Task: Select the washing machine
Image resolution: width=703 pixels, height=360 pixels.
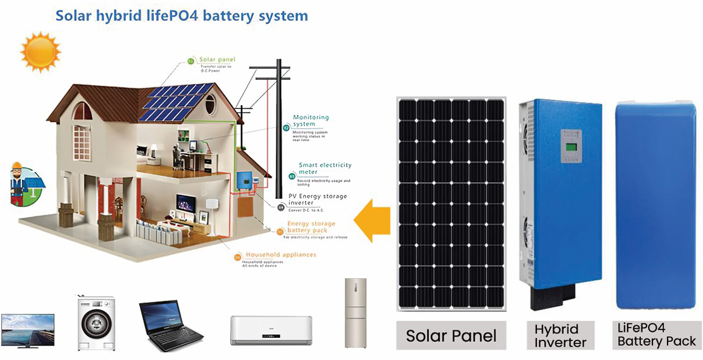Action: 96,323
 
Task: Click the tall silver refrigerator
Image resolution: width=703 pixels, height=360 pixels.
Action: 355,313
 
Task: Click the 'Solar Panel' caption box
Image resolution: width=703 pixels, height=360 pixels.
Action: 451,335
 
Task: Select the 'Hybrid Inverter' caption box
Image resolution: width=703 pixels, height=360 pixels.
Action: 560,335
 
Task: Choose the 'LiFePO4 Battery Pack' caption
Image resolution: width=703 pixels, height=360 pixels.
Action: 656,335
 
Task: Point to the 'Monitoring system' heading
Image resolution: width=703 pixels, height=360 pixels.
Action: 311,121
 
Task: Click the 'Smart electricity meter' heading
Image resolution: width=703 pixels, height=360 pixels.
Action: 325,168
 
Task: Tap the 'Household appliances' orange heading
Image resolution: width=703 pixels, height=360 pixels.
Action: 280,254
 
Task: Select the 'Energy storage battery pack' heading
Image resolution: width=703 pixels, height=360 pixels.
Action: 311,227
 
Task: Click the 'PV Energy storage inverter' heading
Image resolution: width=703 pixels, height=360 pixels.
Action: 318,200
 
